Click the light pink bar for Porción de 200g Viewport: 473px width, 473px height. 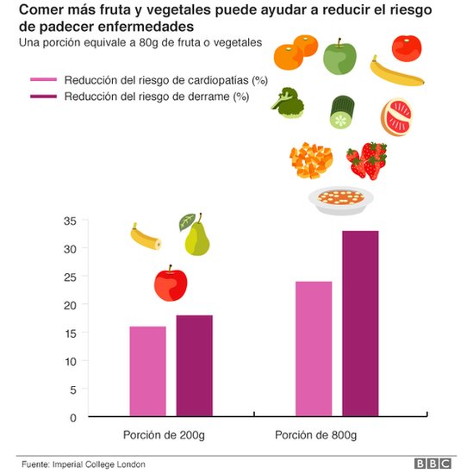pos(147,371)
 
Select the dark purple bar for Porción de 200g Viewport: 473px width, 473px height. pos(194,366)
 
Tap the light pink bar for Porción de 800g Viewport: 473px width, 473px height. pos(313,349)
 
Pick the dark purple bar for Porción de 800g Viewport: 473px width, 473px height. pos(360,324)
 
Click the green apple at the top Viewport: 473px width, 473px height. pos(339,57)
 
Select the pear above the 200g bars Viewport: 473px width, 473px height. pos(196,236)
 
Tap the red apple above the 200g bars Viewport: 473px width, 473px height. pos(171,283)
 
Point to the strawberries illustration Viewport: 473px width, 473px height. pos(366,160)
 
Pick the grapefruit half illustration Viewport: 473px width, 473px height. pos(397,118)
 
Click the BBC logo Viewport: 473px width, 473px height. pos(433,463)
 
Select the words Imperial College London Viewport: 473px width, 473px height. pos(96,463)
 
